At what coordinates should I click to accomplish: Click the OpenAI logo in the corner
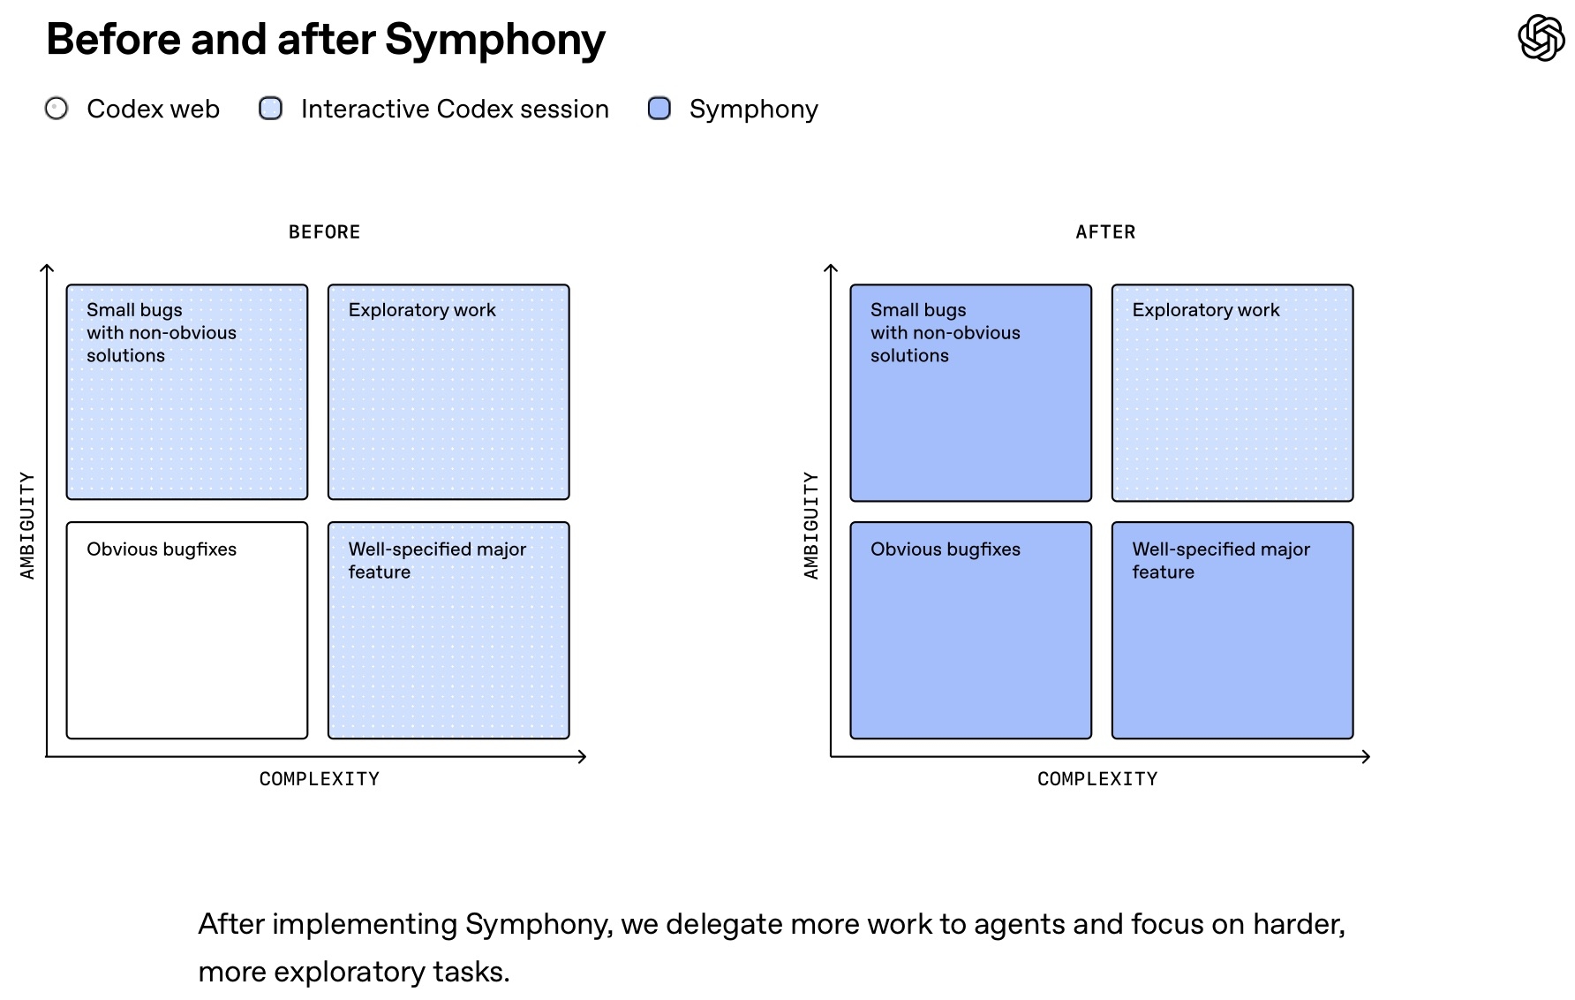click(1541, 38)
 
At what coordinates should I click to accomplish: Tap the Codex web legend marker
click(57, 109)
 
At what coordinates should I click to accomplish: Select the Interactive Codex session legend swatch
click(270, 109)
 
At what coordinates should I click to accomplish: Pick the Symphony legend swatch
click(659, 109)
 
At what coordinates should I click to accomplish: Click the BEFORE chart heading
click(324, 232)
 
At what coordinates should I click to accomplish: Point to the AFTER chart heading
click(1105, 232)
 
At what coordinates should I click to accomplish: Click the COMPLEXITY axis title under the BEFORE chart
click(319, 779)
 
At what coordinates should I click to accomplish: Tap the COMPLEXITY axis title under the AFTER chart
click(1097, 779)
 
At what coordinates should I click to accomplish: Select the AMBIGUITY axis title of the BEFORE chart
click(27, 526)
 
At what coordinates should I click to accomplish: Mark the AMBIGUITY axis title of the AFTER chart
click(811, 526)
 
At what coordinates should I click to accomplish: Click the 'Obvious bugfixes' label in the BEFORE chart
click(162, 549)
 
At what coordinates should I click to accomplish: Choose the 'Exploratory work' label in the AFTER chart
click(1205, 310)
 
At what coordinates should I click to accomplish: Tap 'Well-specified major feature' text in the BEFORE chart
click(436, 560)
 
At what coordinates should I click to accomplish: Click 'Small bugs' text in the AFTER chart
click(918, 310)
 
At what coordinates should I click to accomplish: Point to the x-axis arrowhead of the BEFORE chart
click(582, 756)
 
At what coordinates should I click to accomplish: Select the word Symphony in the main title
click(494, 40)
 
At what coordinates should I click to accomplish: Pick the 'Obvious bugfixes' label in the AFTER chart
click(945, 549)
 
